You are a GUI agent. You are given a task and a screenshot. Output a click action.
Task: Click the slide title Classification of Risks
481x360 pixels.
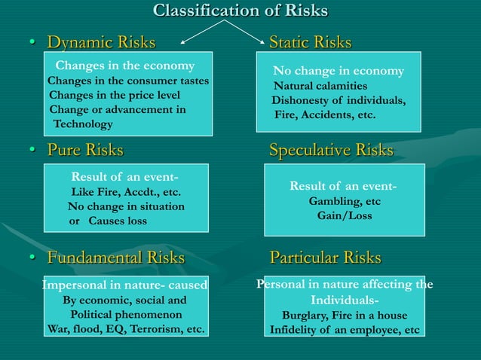pos(240,11)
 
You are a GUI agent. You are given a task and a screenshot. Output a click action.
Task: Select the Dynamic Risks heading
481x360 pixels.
pos(101,42)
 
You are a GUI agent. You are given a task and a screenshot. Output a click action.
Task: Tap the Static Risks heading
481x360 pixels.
pos(310,42)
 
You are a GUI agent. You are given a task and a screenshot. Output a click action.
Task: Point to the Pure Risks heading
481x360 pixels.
pos(85,150)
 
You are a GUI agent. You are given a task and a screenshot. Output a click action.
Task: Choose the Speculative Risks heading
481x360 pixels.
pos(331,150)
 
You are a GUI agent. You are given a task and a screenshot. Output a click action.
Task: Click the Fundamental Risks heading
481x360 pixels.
pos(115,258)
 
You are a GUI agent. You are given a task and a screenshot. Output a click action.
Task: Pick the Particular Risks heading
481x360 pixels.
pos(325,258)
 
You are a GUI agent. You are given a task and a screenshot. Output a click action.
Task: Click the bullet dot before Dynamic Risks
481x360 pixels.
pos(32,43)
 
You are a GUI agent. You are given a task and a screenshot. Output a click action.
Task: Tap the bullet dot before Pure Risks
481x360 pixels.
pos(32,151)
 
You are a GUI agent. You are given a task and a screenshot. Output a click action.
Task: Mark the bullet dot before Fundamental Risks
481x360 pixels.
pos(32,258)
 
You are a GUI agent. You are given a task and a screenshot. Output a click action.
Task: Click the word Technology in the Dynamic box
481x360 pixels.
pos(82,124)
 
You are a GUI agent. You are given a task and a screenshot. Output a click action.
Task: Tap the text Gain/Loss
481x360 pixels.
pos(345,215)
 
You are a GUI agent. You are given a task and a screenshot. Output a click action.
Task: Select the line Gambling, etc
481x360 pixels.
pos(345,201)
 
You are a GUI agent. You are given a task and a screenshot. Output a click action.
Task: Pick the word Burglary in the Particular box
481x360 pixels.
pos(306,316)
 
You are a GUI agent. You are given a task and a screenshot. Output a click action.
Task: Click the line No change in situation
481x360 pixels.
pos(126,206)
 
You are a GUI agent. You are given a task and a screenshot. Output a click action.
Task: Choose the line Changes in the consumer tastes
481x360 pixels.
pos(128,81)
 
